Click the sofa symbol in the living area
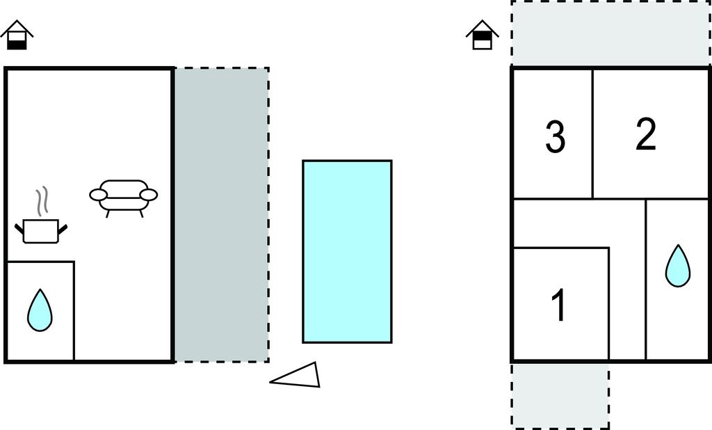[124, 198]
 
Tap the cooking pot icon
[41, 231]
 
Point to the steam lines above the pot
[42, 201]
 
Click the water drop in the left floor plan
[40, 310]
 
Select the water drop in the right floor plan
[678, 266]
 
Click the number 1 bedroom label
[559, 305]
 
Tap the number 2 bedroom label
[646, 134]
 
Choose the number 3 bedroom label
[555, 136]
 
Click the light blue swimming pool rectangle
[348, 251]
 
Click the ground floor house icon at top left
[17, 35]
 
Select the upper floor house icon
[483, 35]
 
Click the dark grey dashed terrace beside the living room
[222, 215]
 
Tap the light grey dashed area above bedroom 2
[610, 33]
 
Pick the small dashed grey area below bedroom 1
[560, 395]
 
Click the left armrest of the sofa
[98, 195]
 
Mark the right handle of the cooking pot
[63, 230]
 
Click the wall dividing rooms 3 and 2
[592, 134]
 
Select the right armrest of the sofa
[149, 195]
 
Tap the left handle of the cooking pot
[19, 230]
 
